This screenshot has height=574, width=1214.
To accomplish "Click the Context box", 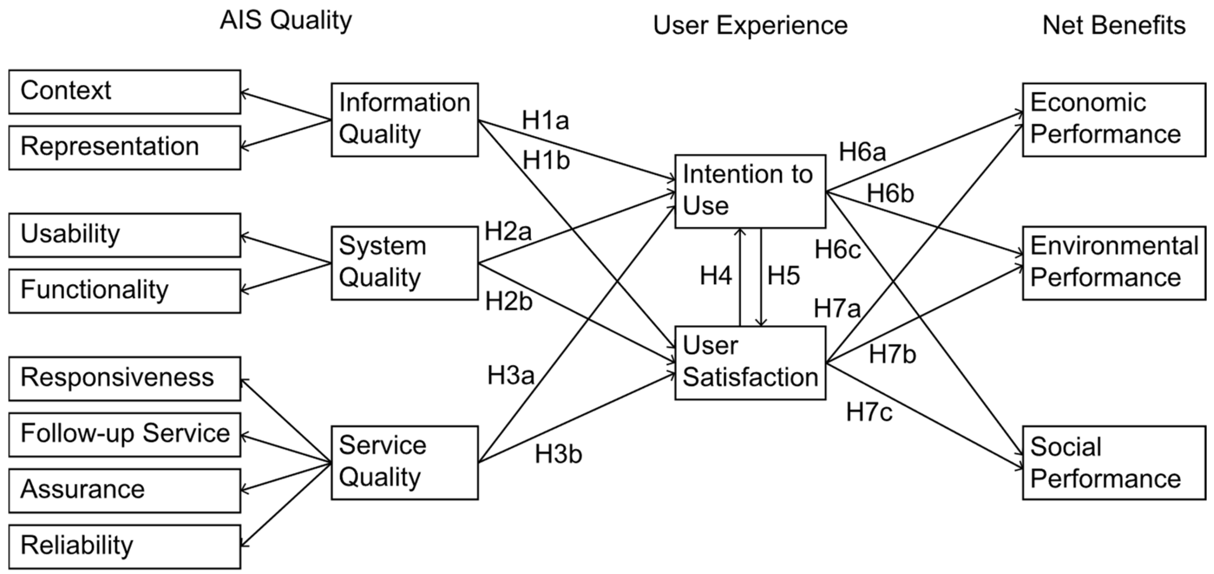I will pyautogui.click(x=124, y=92).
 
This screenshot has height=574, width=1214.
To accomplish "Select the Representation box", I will pyautogui.click(x=124, y=148).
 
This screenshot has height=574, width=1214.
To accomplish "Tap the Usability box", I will pyautogui.click(x=124, y=235).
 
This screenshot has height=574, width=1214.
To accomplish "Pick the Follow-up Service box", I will pyautogui.click(x=124, y=435).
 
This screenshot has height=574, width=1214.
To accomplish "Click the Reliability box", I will pyautogui.click(x=124, y=546).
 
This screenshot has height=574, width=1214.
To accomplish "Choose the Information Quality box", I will pyautogui.click(x=404, y=120).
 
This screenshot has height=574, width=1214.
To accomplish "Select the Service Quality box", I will pyautogui.click(x=404, y=462).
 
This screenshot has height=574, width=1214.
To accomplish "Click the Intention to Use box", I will pyautogui.click(x=750, y=191).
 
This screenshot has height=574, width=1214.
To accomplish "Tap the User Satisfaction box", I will pyautogui.click(x=750, y=363).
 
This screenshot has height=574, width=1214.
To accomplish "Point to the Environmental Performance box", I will pyautogui.click(x=1113, y=263).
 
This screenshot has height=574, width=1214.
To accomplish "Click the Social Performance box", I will pyautogui.click(x=1113, y=462).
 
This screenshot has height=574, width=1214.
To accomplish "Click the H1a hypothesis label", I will pyautogui.click(x=545, y=121).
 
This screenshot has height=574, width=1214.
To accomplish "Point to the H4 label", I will pyautogui.click(x=715, y=276).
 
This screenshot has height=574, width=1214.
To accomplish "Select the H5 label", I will pyautogui.click(x=783, y=276).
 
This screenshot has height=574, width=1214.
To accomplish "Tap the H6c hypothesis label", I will pyautogui.click(x=838, y=250).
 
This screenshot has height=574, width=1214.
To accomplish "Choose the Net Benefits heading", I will pyautogui.click(x=1113, y=25).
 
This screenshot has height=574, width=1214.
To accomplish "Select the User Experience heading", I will pyautogui.click(x=750, y=25).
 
